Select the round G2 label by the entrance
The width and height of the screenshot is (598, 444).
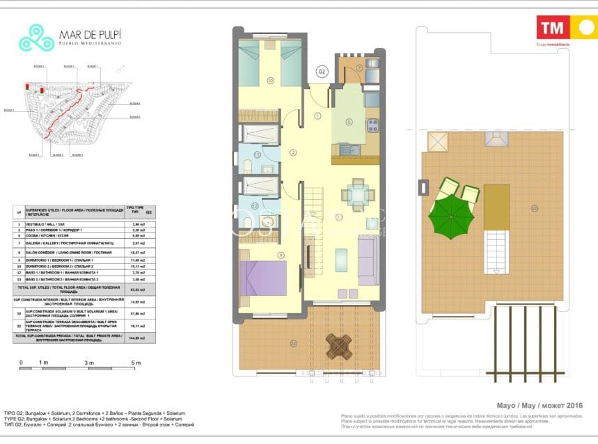click(322, 71)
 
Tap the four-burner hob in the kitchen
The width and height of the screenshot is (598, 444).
click(372, 125)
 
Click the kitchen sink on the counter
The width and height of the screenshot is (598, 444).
click(346, 148)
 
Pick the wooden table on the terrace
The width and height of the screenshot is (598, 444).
click(339, 345)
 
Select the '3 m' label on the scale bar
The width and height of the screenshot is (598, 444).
click(89, 363)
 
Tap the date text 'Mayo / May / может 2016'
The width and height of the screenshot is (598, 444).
click(539, 406)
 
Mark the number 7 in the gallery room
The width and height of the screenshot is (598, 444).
click(359, 68)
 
